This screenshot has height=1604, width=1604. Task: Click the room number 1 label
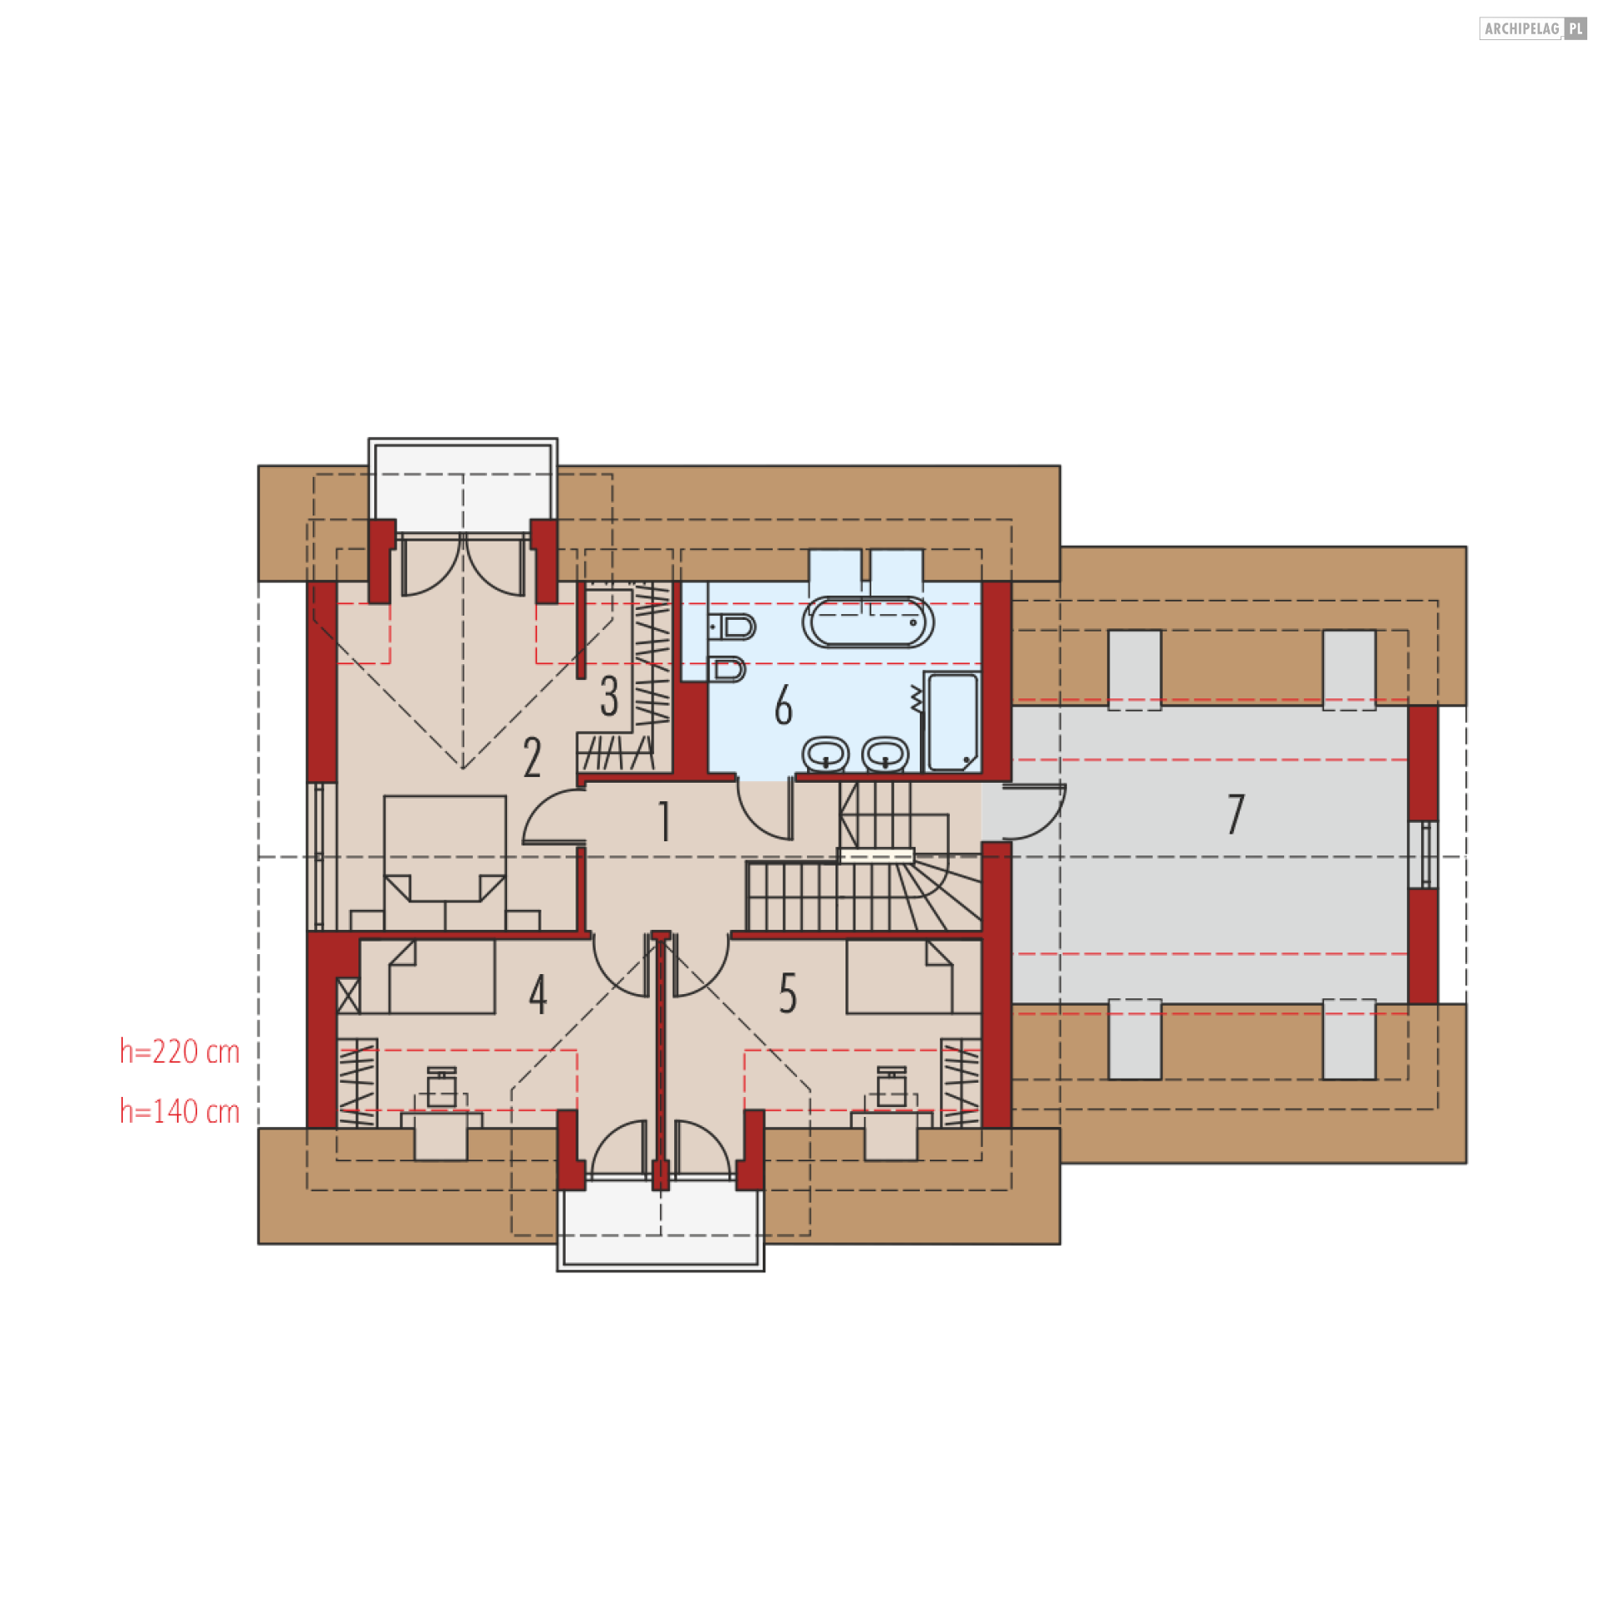coord(665,822)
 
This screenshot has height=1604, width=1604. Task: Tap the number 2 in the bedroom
coord(532,758)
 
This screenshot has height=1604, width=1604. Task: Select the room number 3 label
coord(609,696)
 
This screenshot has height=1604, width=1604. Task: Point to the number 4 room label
coord(538,994)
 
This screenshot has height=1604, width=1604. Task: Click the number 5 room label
coord(787,994)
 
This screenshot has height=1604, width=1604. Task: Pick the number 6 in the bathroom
coord(783,706)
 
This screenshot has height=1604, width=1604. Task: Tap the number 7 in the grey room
coord(1236,814)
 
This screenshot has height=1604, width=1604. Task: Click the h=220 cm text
coord(180,1052)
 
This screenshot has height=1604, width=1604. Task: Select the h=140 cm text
coord(180,1112)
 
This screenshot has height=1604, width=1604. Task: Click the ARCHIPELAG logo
coord(1532,28)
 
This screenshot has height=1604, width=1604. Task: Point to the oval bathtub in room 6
coord(868,622)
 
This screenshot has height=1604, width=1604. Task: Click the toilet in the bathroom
coord(734,626)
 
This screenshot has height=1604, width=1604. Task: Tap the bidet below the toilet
coord(729,669)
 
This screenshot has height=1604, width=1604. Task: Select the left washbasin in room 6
coord(825,754)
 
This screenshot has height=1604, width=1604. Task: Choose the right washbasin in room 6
coord(885,754)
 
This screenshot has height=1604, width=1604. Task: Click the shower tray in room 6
coord(952,722)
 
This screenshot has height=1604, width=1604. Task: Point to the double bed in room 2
coord(444,860)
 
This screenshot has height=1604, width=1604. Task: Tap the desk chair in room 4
coord(441,1088)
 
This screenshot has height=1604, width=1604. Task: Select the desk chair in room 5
coord(891,1088)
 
